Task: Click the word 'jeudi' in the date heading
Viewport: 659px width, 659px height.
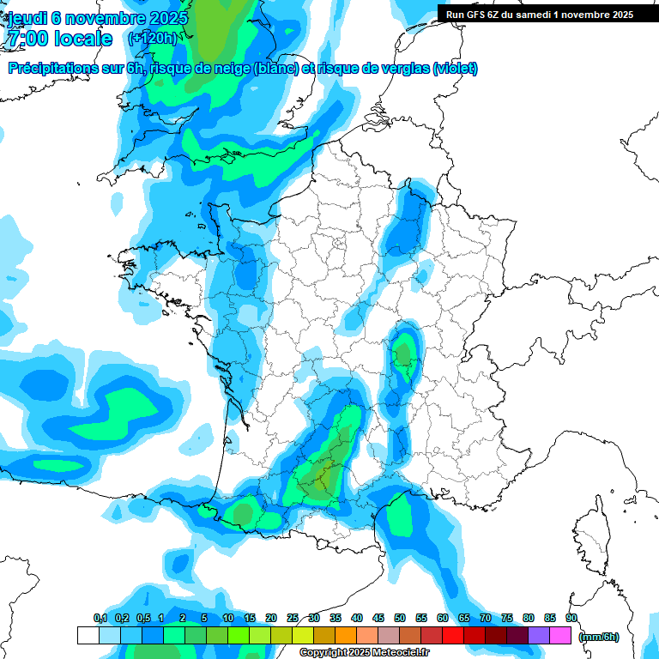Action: [27, 18]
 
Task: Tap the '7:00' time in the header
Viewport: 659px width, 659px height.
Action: [27, 39]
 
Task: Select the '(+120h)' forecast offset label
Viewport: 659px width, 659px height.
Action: [152, 39]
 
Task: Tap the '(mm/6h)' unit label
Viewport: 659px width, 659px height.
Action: [599, 636]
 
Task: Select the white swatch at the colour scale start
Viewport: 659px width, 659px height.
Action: [88, 636]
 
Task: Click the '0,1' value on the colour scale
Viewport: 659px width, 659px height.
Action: [100, 618]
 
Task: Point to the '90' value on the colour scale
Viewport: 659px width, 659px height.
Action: [571, 618]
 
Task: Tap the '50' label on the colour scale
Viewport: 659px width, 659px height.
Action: [400, 618]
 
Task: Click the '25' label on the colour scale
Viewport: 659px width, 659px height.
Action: [293, 618]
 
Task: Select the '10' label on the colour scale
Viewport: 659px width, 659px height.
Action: [228, 618]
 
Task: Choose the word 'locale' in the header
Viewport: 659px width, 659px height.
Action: [82, 39]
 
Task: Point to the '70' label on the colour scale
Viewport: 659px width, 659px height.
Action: [486, 618]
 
